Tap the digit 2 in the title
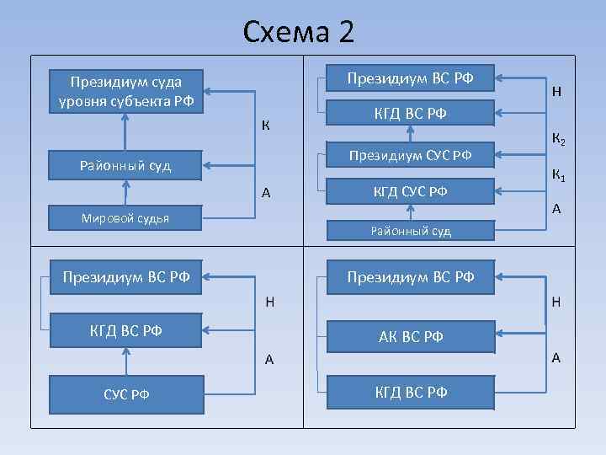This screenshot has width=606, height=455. (347, 32)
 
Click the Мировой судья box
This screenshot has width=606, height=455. (125, 218)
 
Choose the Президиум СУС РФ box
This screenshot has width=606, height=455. (410, 155)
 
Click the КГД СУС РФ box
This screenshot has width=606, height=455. (410, 192)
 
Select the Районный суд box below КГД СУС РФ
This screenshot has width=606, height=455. (410, 230)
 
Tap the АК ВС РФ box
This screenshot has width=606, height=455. (410, 337)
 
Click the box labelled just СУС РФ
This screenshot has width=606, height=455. (126, 393)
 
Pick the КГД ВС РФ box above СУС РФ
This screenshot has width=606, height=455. (126, 329)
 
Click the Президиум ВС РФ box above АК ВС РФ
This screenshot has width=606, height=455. (410, 276)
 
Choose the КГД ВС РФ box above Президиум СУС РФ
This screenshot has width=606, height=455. (410, 114)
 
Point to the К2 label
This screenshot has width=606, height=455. (558, 136)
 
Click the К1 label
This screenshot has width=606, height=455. (558, 175)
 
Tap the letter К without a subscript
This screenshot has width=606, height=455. (265, 126)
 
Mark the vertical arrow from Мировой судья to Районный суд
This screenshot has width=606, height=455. (125, 192)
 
